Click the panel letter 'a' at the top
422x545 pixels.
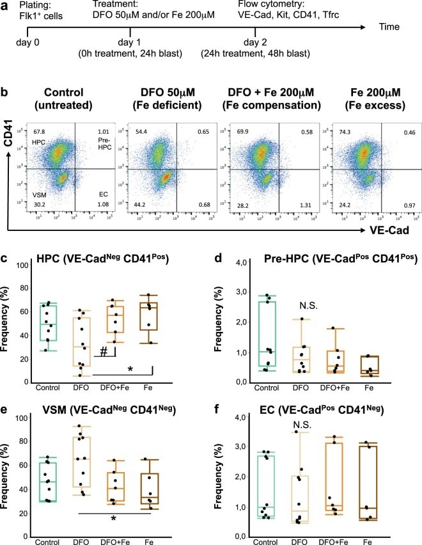7,7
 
